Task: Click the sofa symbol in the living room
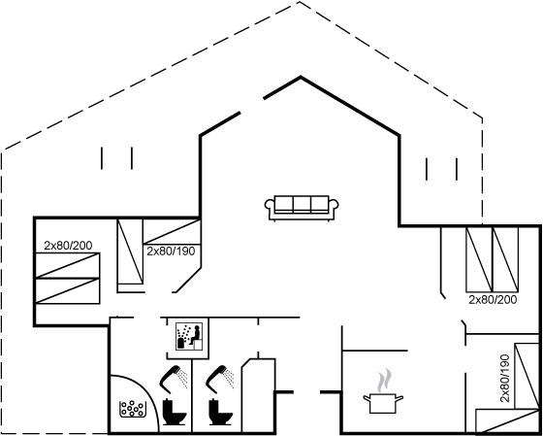[x=302, y=208]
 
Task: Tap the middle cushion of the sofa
[x=302, y=204]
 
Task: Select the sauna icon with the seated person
[x=189, y=336]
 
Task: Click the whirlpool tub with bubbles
[x=133, y=409]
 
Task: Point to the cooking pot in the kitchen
[x=383, y=403]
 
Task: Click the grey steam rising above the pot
[x=384, y=381]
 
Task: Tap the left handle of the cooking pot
[x=367, y=398]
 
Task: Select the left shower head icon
[x=174, y=379]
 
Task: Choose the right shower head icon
[x=219, y=379]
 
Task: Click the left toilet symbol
[x=175, y=412]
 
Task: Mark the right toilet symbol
[x=220, y=412]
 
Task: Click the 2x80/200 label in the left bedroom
[x=68, y=246]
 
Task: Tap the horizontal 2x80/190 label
[x=171, y=252]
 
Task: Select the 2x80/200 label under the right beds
[x=493, y=300]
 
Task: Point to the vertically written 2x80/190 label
[x=505, y=378]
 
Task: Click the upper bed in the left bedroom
[x=68, y=265]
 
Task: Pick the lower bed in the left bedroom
[x=68, y=291]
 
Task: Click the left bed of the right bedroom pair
[x=479, y=259]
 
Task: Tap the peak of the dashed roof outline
[x=300, y=2]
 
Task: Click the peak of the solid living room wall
[x=301, y=77]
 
